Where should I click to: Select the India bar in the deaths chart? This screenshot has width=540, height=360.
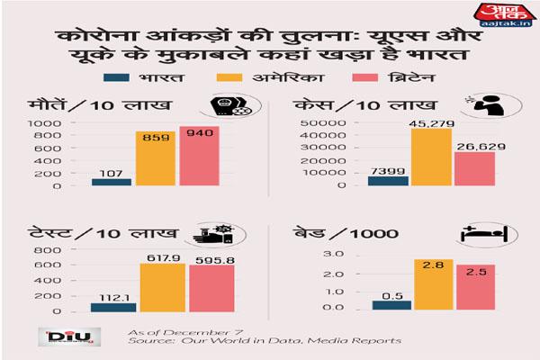[x=112, y=182]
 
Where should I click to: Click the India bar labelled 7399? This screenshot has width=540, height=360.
[x=388, y=181]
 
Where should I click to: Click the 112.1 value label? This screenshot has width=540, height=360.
[x=112, y=295]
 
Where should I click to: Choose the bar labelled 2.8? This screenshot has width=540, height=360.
[x=431, y=284]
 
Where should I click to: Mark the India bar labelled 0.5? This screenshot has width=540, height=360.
[x=388, y=304]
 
